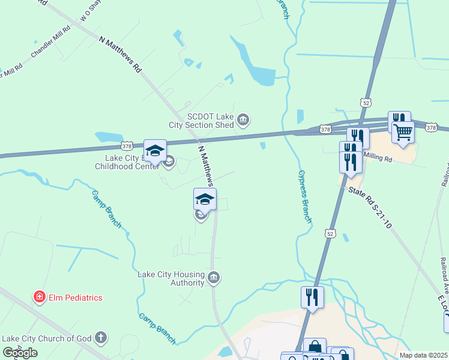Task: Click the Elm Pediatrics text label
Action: tap(75, 298)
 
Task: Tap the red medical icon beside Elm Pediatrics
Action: tap(39, 297)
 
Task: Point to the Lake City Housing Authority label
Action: tap(171, 278)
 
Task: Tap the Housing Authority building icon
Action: tap(214, 277)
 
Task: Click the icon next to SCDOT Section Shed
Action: tap(243, 121)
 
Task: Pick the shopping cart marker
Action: tap(403, 131)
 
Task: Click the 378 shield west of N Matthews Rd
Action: tap(127, 146)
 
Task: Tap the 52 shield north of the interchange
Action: tap(366, 103)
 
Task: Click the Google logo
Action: tap(20, 352)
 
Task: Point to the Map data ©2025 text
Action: tap(424, 355)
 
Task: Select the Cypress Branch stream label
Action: tap(305, 197)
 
